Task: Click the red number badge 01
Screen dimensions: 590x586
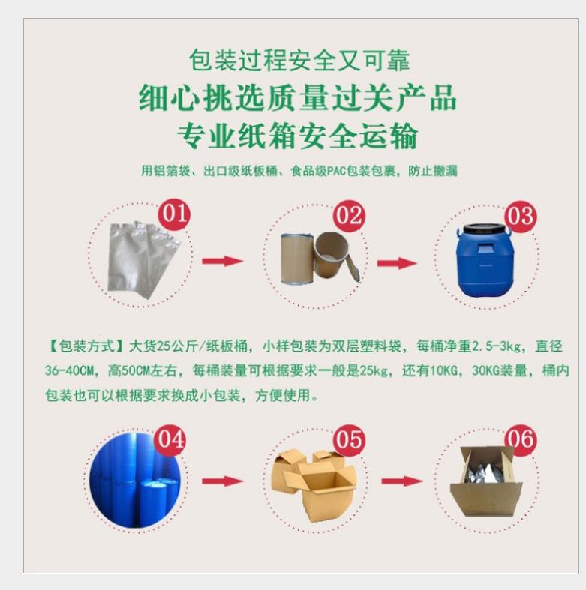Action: coord(174,215)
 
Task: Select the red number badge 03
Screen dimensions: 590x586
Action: coord(520,217)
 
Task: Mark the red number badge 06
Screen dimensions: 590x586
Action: coord(521,439)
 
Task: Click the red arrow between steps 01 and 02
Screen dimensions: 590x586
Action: coord(223,261)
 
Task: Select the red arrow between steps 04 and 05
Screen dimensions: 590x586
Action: coord(223,481)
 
